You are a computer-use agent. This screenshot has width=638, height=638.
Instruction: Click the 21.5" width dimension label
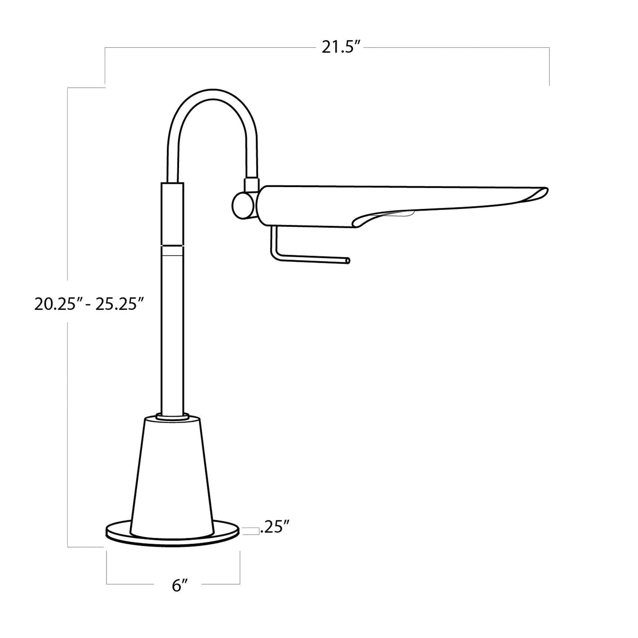[341, 47]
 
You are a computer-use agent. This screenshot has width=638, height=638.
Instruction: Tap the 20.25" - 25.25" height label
[89, 304]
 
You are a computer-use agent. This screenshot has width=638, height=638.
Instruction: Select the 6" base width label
[179, 585]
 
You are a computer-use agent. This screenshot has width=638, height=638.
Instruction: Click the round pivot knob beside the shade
[241, 205]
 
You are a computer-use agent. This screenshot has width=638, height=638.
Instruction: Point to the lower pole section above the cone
[172, 331]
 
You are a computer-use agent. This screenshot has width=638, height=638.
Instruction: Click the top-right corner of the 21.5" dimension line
[549, 48]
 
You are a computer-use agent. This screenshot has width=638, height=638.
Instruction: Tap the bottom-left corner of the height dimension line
[68, 546]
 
